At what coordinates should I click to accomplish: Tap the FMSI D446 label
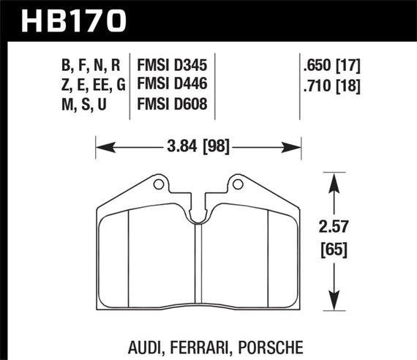click(x=172, y=86)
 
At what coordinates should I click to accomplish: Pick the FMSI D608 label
click(x=172, y=107)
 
